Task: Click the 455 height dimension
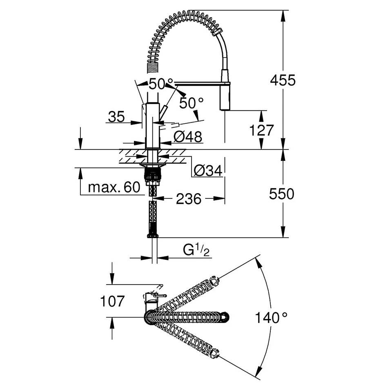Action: click(283, 80)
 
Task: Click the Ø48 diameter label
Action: click(187, 137)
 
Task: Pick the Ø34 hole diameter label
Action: click(208, 171)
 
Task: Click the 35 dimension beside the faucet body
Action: click(116, 117)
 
